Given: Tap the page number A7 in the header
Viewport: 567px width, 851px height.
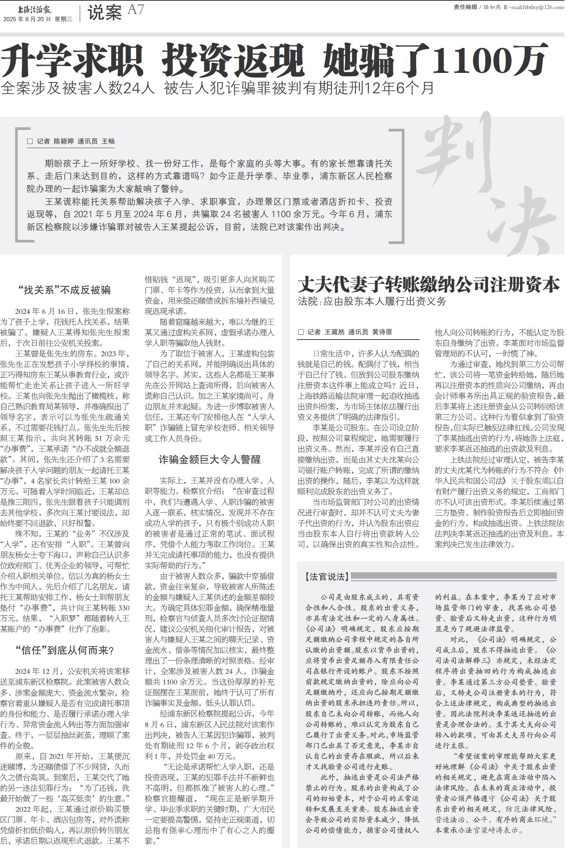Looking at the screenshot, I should pyautogui.click(x=136, y=10).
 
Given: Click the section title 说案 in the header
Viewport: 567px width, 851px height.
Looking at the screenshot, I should pyautogui.click(x=105, y=13).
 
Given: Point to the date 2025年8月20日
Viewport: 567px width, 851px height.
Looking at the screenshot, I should pyautogui.click(x=27, y=20).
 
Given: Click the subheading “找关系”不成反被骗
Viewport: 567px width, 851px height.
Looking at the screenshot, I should pyautogui.click(x=65, y=290).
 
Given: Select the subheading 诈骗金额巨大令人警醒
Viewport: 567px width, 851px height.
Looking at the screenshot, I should pyautogui.click(x=209, y=460).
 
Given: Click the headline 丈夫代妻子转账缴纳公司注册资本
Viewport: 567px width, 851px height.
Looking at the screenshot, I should pyautogui.click(x=429, y=285).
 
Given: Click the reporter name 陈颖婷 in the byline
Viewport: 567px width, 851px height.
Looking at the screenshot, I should pyautogui.click(x=64, y=141).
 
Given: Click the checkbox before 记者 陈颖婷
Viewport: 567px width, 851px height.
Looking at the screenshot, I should pyautogui.click(x=30, y=141).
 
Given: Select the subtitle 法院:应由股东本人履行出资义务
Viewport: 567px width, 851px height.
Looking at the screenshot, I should pyautogui.click(x=372, y=301).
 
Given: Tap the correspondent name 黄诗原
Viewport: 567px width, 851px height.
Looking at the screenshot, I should pyautogui.click(x=382, y=332).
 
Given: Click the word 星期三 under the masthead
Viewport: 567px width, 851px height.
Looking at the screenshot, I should pyautogui.click(x=64, y=20).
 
